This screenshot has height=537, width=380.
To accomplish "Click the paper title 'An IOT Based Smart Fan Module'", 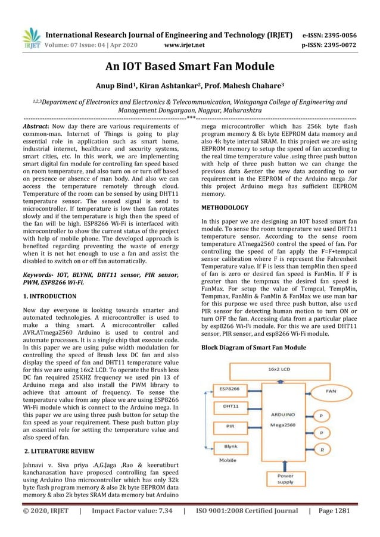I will click(x=190, y=67).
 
